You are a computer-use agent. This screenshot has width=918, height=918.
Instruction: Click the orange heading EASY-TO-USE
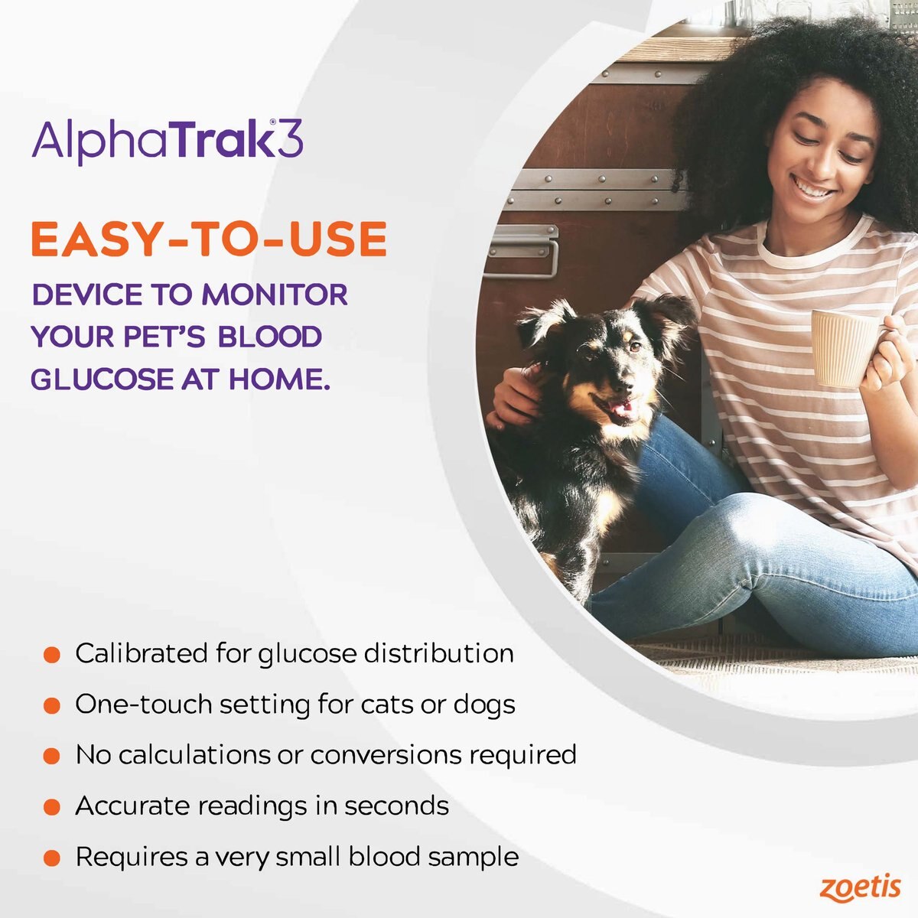(208, 239)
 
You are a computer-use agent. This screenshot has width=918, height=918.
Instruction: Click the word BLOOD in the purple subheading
(269, 337)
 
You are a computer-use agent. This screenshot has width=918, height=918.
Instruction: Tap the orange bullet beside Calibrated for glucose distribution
(51, 655)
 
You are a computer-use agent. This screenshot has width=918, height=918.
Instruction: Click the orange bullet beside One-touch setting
(51, 705)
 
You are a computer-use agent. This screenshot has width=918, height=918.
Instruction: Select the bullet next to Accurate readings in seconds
(51, 807)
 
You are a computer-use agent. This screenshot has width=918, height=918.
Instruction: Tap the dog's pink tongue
(621, 412)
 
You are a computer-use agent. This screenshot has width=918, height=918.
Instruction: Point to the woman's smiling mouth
(813, 187)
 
